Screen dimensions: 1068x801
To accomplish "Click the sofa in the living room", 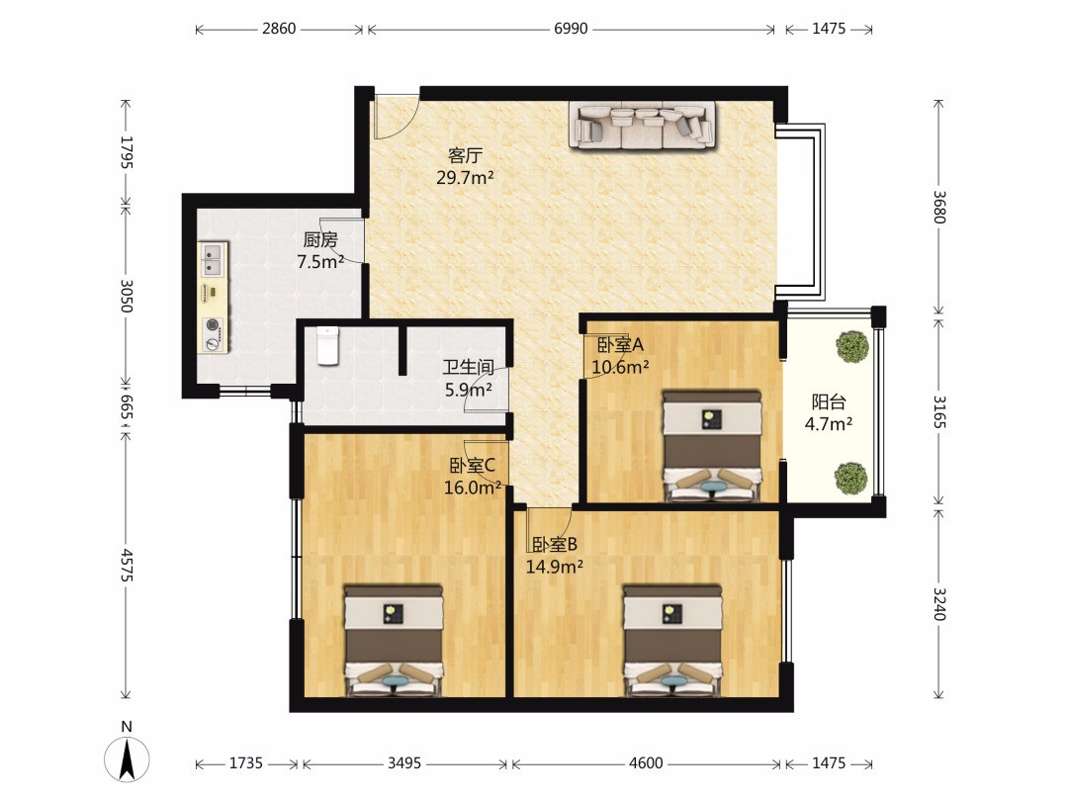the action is click(642, 125).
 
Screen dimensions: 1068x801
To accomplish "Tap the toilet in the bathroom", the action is click(328, 345).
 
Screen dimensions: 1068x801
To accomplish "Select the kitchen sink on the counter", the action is click(214, 258).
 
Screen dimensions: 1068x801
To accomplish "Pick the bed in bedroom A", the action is click(712, 445).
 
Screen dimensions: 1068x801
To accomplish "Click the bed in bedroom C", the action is click(394, 640).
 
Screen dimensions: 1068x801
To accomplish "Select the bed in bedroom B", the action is click(673, 640).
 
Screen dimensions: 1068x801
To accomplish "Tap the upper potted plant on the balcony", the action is click(852, 347).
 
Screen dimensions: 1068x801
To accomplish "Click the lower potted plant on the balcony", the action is click(851, 478).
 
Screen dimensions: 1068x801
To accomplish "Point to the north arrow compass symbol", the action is click(127, 758).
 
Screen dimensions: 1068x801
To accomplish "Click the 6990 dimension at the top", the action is click(571, 29).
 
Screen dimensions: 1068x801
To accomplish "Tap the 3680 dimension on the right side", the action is click(939, 206).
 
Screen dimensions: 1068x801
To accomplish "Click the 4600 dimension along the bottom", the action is click(646, 762).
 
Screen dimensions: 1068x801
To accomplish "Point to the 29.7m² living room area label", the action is click(465, 178).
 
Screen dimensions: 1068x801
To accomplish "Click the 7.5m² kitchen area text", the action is click(320, 261).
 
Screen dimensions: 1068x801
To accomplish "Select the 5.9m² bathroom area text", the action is click(469, 390).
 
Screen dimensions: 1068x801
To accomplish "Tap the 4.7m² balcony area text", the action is click(829, 424).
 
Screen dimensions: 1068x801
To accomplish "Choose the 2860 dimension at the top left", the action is click(279, 29).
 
